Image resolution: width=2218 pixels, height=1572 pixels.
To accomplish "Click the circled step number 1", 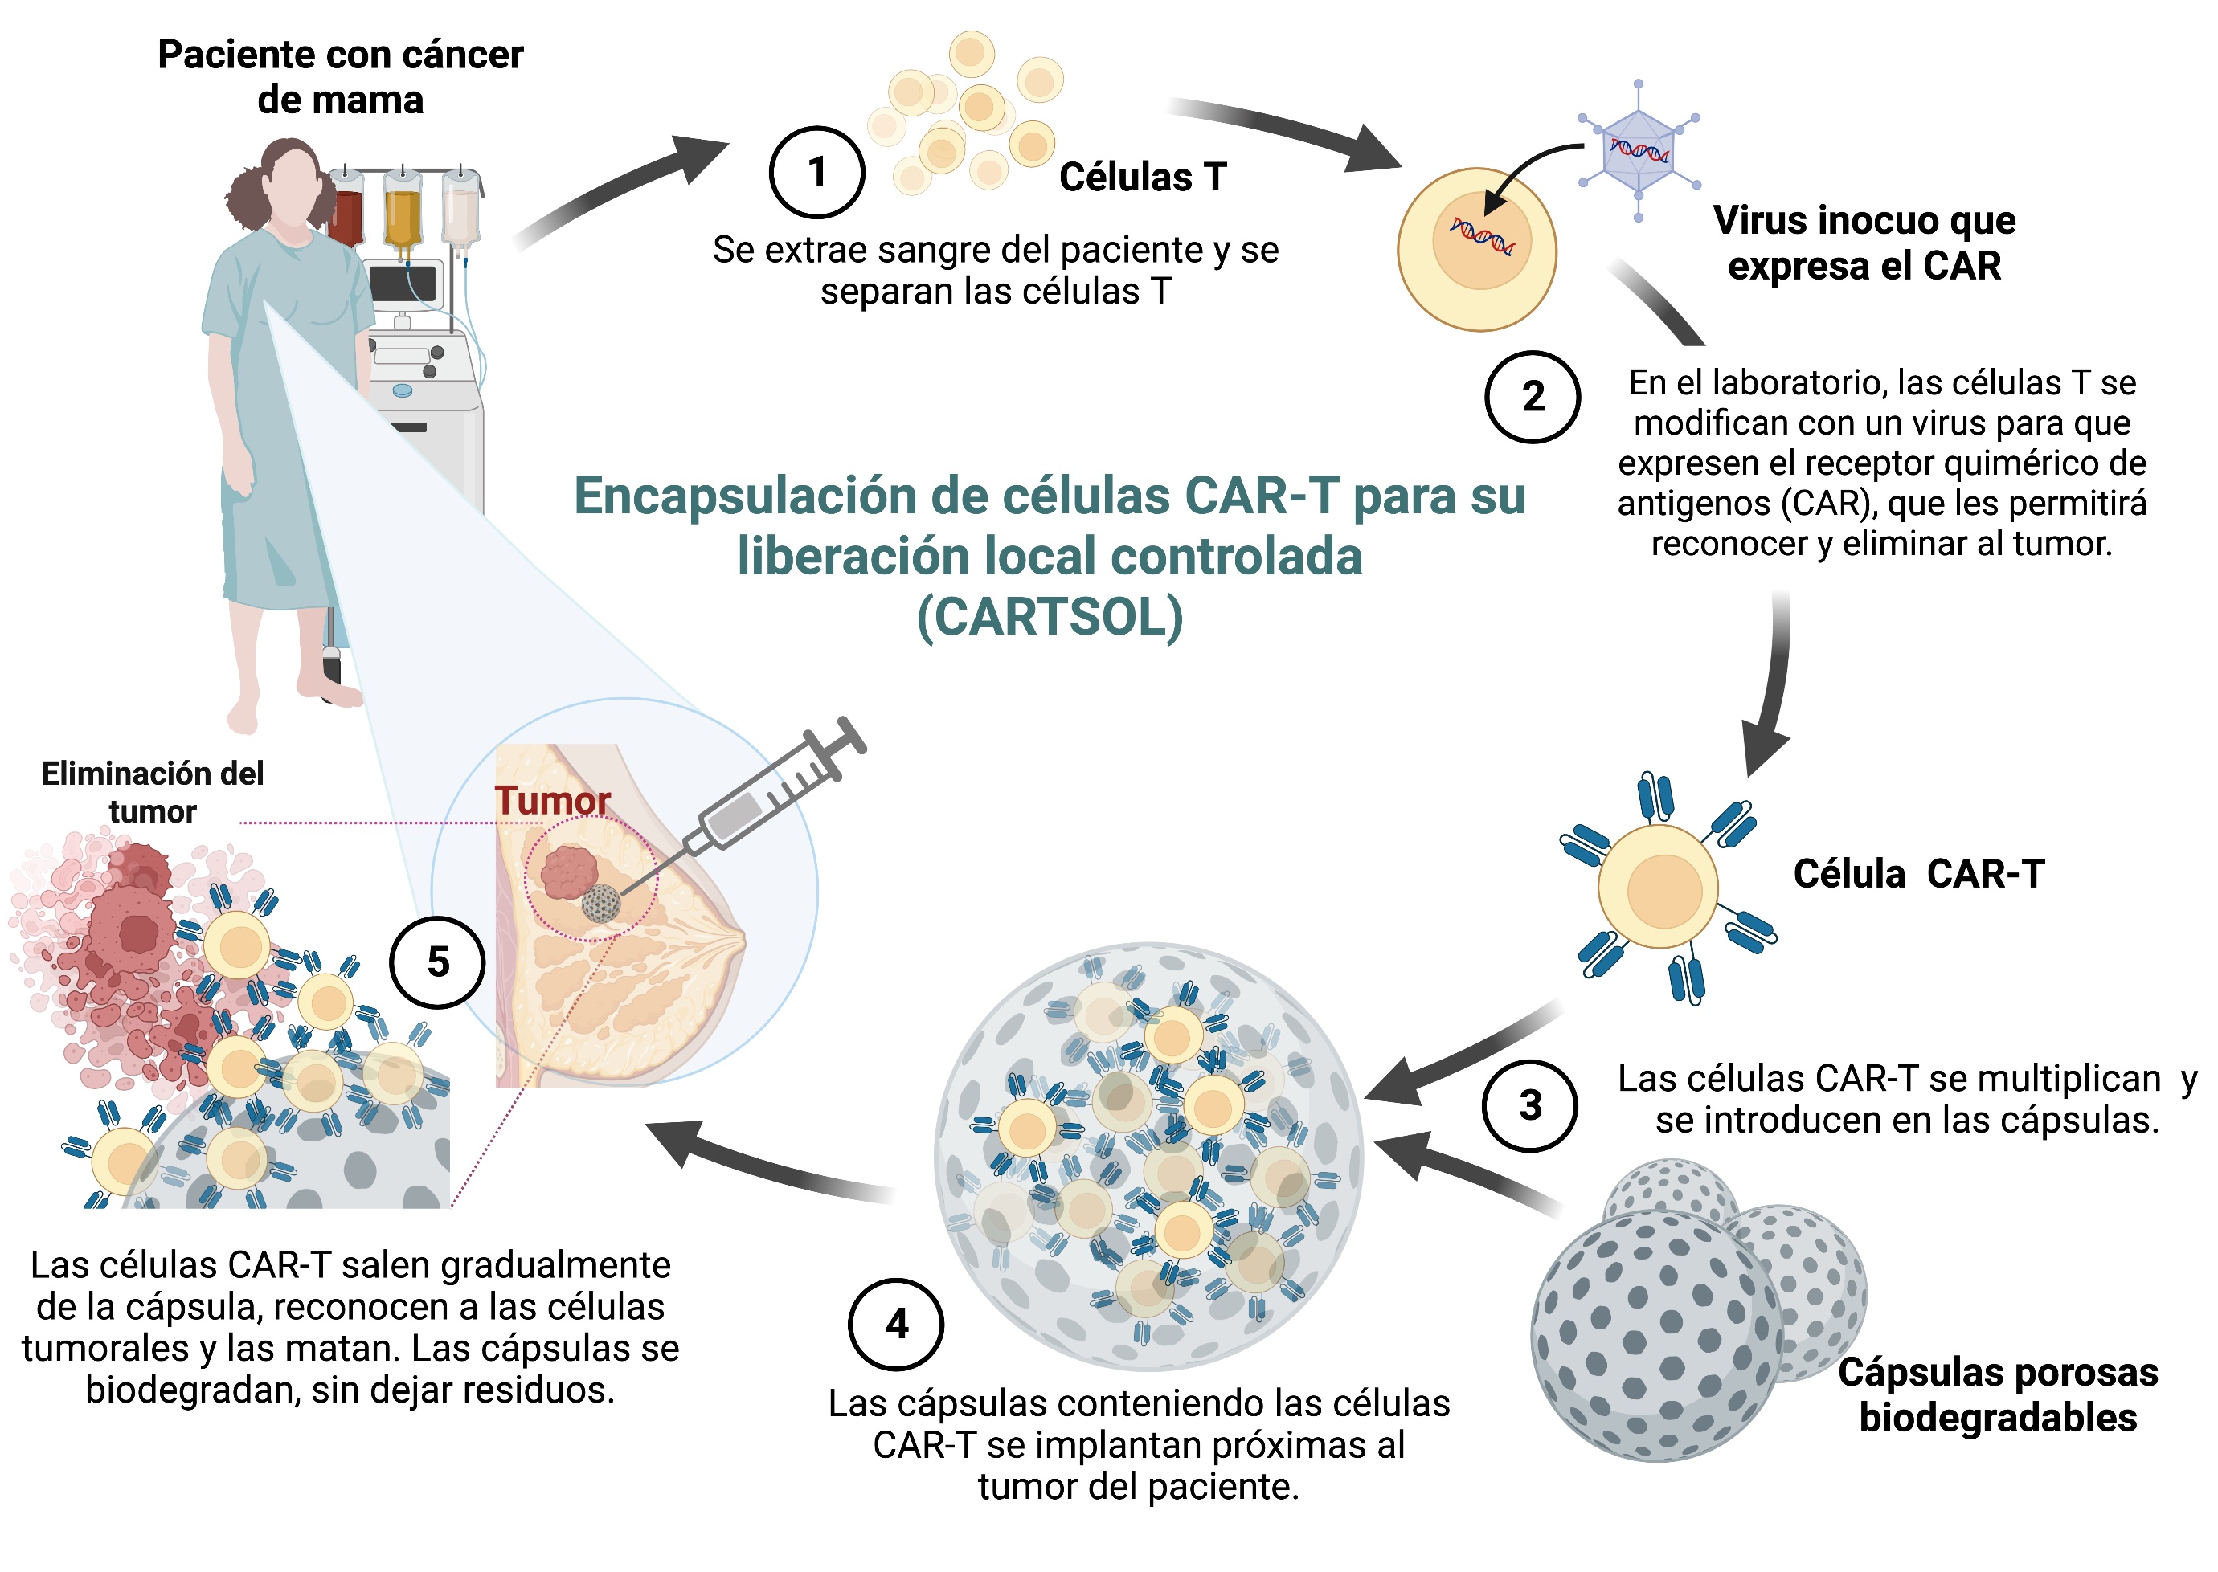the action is coord(816,172).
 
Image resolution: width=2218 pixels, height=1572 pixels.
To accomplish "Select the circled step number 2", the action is coord(1533,397).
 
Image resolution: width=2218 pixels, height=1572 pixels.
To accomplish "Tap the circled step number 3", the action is coord(1529,1104).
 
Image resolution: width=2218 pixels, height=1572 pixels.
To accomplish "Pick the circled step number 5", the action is coord(438,962).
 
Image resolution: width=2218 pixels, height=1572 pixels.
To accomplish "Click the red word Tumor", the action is coord(553,801).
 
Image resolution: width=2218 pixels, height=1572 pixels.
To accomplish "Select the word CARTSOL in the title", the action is coord(1050,617).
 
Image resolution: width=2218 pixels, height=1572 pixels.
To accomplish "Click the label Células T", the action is coord(1143,178).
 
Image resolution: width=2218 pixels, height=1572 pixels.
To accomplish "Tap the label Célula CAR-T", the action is coord(1919,873).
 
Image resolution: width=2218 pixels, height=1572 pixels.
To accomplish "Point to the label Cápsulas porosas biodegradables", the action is coord(1999,1394).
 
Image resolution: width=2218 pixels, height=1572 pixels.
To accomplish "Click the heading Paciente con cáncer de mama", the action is coord(341,77).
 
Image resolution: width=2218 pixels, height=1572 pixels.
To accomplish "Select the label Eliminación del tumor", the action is coord(152,792).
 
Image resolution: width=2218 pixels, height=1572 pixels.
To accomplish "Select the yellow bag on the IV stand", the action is coord(403,215).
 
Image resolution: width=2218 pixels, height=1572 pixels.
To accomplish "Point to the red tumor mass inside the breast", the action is coord(568,872).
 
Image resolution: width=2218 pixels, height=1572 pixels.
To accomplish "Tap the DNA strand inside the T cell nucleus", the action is coord(1481,236).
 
